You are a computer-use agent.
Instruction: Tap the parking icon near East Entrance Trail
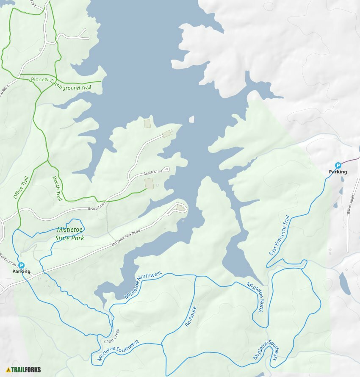(x=338, y=165)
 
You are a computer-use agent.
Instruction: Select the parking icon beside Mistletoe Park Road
(x=21, y=265)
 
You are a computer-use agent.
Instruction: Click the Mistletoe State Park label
(x=70, y=234)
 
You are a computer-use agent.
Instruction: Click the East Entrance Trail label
(x=280, y=236)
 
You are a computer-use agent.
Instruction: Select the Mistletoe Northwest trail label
(x=143, y=286)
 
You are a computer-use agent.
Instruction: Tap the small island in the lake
(x=191, y=119)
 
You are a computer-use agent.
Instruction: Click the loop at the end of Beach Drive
(x=166, y=169)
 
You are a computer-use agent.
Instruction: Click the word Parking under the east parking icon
(x=338, y=172)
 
